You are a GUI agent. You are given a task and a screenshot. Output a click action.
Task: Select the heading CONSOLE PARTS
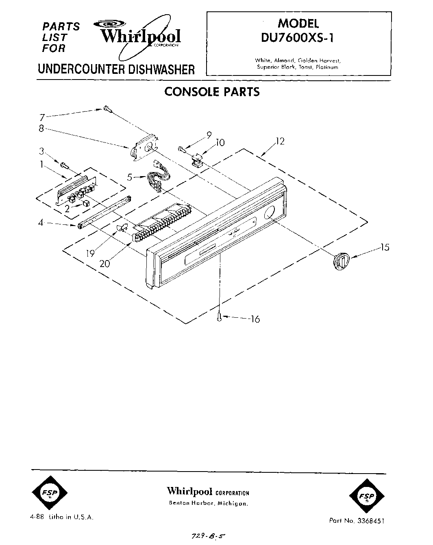coord(212,92)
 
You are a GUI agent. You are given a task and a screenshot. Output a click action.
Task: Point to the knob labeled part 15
coord(340,259)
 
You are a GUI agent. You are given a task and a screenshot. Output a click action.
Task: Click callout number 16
coord(255,319)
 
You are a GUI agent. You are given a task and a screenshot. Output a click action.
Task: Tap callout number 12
coord(280,141)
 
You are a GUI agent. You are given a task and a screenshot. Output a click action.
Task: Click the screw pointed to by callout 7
coord(107,109)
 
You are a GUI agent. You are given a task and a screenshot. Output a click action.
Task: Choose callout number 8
coord(41,129)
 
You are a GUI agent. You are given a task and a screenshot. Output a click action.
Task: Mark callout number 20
coord(104,263)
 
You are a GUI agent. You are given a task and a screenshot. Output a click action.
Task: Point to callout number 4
coord(41,222)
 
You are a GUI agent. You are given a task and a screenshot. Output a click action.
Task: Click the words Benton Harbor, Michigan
coord(208,503)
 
